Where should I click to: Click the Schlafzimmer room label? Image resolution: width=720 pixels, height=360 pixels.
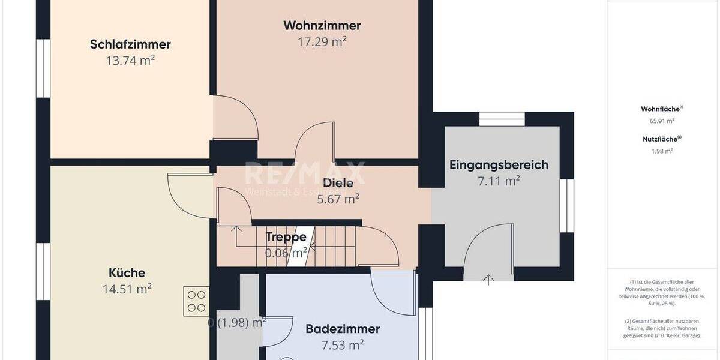(130, 44)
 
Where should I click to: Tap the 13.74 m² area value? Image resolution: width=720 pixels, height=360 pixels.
(130, 60)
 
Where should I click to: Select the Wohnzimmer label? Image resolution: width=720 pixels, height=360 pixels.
(322, 26)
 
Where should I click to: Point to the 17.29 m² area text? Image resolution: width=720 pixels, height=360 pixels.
(322, 41)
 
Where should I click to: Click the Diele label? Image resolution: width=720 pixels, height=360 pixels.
(338, 184)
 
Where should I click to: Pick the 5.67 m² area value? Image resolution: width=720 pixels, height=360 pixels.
(338, 199)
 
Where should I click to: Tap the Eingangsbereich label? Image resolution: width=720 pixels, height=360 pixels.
(499, 165)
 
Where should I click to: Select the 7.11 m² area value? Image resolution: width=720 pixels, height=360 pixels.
(499, 180)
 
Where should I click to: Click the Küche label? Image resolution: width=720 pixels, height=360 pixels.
(127, 273)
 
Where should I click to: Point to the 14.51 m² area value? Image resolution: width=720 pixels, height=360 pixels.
(127, 289)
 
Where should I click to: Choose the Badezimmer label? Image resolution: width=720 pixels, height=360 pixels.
(343, 329)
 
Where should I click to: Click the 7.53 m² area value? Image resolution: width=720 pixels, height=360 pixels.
(343, 344)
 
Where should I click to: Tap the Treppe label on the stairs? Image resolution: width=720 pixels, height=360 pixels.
(286, 238)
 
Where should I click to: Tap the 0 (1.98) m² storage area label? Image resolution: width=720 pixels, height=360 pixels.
(237, 323)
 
